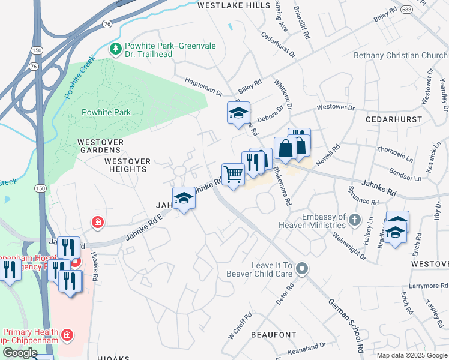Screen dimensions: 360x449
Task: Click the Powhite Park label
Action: click(x=106, y=112)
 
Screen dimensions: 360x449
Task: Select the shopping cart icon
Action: click(x=233, y=175)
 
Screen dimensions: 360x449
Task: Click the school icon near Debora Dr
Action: click(x=238, y=112)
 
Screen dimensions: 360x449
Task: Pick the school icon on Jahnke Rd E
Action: click(x=184, y=198)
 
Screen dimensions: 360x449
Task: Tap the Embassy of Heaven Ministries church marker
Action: click(x=355, y=221)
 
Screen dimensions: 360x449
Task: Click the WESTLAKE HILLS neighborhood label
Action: click(x=234, y=5)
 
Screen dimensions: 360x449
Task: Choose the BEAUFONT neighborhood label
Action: click(x=273, y=334)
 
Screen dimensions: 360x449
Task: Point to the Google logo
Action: click(x=20, y=353)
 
